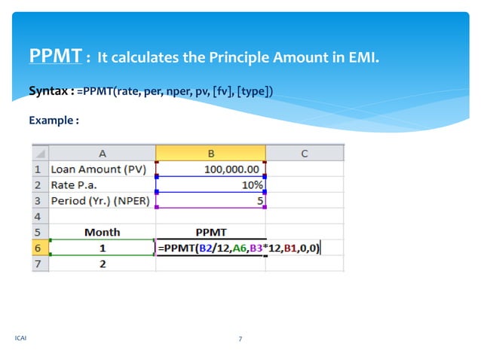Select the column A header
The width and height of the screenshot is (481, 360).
(x=102, y=153)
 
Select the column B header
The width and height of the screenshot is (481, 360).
(x=210, y=153)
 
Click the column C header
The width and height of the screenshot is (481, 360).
(x=305, y=153)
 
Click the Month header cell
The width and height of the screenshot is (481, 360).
(x=102, y=232)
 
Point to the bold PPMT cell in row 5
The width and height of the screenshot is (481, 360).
(x=210, y=232)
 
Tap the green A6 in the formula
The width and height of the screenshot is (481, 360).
(x=237, y=248)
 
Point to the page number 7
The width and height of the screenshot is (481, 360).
(x=240, y=339)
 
